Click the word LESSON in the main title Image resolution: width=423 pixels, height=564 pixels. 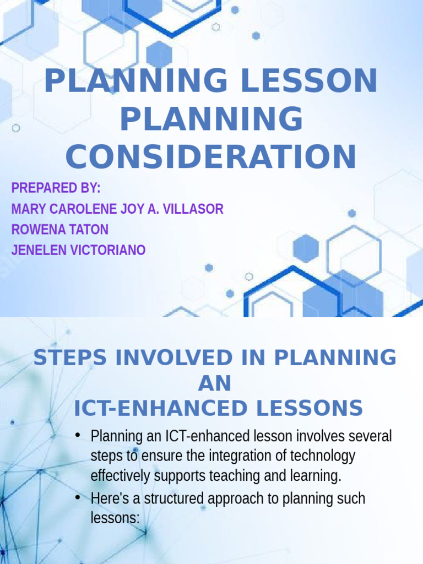[x=303, y=81]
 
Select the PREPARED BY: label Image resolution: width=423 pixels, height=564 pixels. [x=56, y=188]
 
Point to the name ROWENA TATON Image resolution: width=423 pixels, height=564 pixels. [x=59, y=230]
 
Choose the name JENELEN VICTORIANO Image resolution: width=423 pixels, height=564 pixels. [x=78, y=250]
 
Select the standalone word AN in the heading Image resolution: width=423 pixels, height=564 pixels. [x=214, y=383]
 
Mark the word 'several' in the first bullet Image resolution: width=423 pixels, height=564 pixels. [x=370, y=437]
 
